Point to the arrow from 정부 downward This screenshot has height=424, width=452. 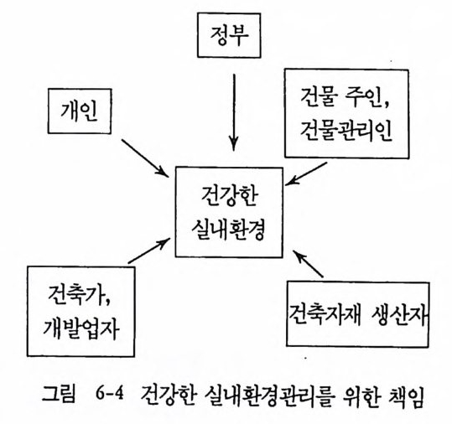click(234, 112)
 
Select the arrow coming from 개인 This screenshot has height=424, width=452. click(145, 158)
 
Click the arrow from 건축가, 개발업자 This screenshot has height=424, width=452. click(148, 251)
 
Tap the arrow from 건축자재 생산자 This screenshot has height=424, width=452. click(308, 264)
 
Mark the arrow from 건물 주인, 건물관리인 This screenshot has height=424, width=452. click(306, 173)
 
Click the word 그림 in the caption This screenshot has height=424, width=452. click(59, 394)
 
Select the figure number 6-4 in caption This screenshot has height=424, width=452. click(109, 394)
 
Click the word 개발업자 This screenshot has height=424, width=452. click(81, 329)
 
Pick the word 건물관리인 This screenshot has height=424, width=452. click(345, 130)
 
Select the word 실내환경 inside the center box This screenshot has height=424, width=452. click(228, 229)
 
